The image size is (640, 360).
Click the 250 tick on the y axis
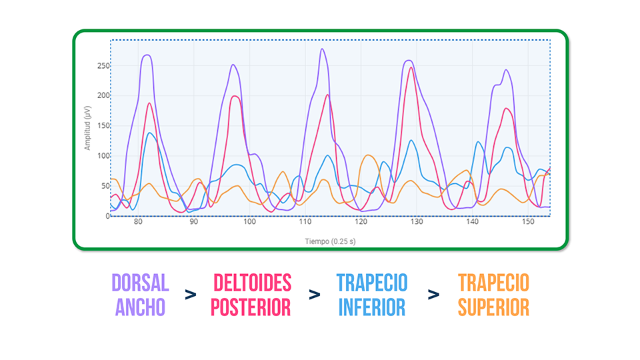(103, 65)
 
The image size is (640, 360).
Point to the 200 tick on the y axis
(103, 95)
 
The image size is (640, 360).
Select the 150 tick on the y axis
(103, 125)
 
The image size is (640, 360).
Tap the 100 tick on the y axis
(103, 155)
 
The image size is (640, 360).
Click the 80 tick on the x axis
(138, 222)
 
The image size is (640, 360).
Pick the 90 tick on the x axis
(194, 222)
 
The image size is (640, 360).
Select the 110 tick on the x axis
(305, 222)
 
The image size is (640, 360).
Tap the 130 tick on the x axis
(416, 222)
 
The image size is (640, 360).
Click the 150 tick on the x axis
(527, 222)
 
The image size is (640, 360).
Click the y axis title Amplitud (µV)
(87, 127)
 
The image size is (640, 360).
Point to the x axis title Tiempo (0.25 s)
(330, 241)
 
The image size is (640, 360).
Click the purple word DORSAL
(140, 283)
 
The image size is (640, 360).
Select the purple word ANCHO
(140, 307)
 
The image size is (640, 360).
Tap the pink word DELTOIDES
(252, 283)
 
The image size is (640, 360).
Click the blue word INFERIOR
(372, 307)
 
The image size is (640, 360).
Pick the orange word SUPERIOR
(493, 307)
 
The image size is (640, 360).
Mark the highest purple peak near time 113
(322, 49)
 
